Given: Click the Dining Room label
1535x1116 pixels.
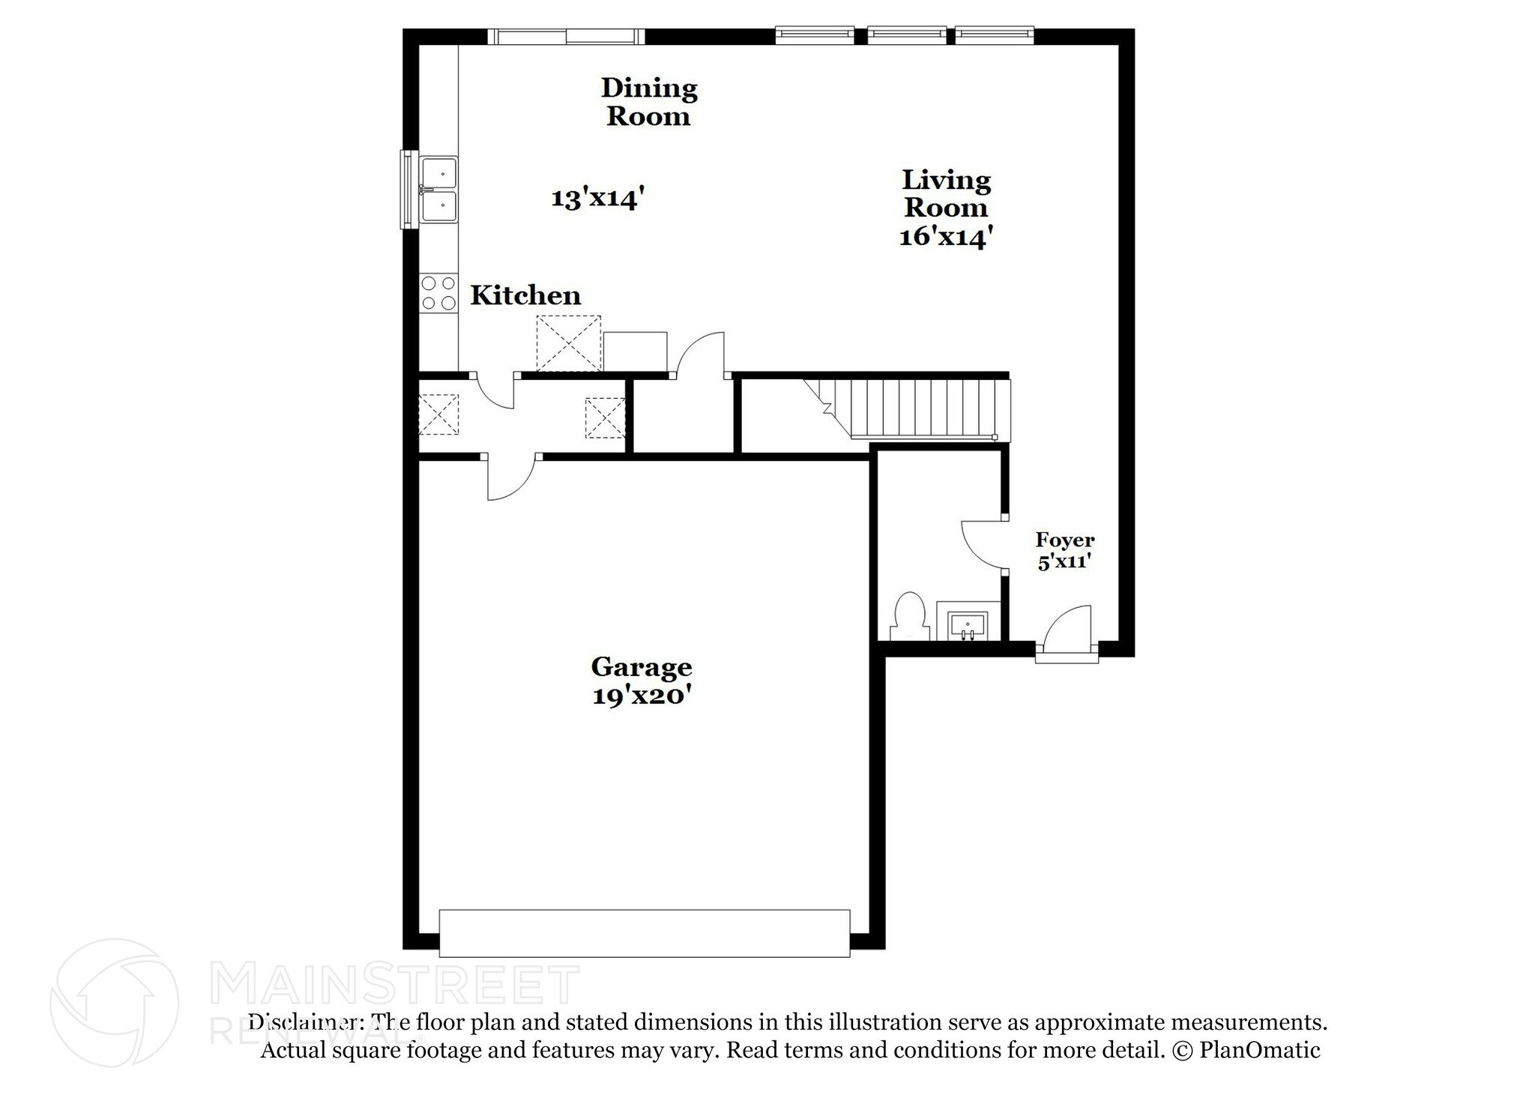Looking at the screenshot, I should pos(649,102).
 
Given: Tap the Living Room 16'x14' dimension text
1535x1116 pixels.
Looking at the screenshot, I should pos(946,237).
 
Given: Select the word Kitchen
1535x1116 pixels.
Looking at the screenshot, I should pos(525,295).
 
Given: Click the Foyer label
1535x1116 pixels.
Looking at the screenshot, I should pos(1065,540).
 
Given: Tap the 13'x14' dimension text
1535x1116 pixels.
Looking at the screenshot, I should pos(598,199).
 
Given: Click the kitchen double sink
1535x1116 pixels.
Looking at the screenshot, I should pos(438,190).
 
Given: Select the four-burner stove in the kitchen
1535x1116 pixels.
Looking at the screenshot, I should pos(438,293).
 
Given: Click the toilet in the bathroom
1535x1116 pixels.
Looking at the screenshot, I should pos(910,616).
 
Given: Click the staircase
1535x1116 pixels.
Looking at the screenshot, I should pos(914,408).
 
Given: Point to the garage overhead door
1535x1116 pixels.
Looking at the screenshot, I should pos(644,933).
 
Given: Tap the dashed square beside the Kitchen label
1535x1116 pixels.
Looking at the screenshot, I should pos(569,343).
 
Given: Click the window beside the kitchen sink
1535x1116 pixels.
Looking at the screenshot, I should pos(408,189).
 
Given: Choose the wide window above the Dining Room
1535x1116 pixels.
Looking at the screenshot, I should pos(566,37).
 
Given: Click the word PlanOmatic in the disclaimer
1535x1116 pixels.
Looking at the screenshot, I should pos(1259,1050).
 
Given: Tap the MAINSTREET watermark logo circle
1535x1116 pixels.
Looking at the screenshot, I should pos(114,1002).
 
